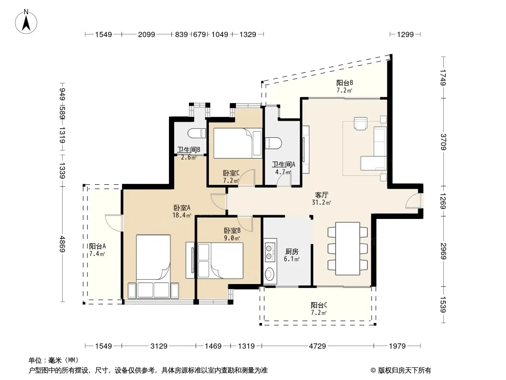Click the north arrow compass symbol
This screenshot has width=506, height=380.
point(26,22)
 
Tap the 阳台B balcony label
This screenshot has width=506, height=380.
point(345,83)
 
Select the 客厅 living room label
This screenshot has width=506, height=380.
point(321,195)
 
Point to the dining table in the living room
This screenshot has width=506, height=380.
point(347,248)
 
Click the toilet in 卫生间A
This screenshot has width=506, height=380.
point(273,143)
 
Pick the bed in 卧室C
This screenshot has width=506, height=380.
point(238,143)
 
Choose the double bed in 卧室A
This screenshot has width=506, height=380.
point(153,257)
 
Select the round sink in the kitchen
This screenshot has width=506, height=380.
point(269,274)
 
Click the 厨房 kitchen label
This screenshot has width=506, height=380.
point(292,251)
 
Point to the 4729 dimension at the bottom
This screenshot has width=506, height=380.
point(317,346)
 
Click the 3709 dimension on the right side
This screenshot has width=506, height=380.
point(443,142)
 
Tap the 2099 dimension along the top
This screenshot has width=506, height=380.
point(147,34)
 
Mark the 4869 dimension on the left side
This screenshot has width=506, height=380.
point(63,245)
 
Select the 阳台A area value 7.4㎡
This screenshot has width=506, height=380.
point(97,254)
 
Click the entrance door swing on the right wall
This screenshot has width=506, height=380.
point(413,200)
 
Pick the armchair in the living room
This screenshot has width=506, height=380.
point(360,123)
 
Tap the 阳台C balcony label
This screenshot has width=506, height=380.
point(319,305)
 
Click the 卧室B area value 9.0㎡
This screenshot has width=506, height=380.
point(232,238)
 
